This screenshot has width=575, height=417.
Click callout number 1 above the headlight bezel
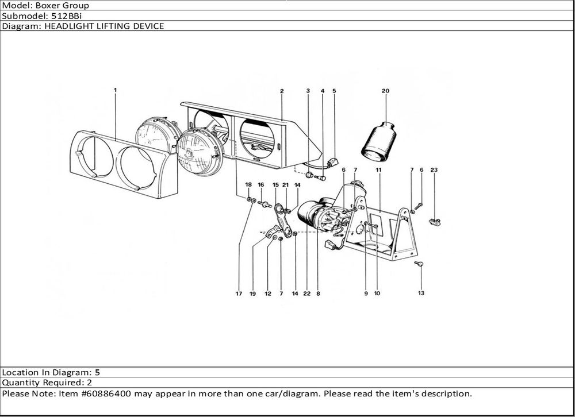click(x=115, y=90)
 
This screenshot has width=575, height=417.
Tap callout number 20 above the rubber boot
click(x=385, y=91)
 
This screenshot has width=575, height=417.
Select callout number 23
click(x=434, y=170)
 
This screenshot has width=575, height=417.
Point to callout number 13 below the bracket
click(x=421, y=293)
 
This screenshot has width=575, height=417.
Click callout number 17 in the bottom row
click(x=239, y=294)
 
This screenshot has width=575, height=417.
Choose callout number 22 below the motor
click(x=307, y=294)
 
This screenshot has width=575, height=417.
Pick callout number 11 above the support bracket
click(x=378, y=170)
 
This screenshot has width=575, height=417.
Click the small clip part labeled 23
click(x=435, y=222)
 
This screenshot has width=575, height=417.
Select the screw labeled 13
click(x=419, y=264)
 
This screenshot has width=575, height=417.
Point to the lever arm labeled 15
click(x=283, y=221)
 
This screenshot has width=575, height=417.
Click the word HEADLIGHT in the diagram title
click(x=68, y=26)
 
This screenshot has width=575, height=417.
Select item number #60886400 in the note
click(x=113, y=394)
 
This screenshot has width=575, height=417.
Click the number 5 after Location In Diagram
click(x=97, y=372)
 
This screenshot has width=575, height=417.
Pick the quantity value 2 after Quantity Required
click(x=90, y=383)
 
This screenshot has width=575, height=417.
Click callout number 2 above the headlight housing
click(x=282, y=91)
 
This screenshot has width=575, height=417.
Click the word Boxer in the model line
click(x=48, y=6)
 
